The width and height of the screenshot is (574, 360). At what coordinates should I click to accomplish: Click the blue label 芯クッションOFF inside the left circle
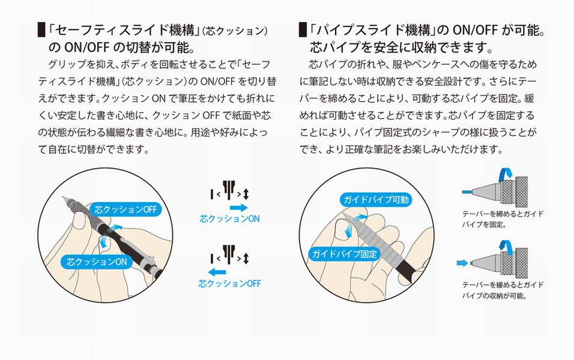(x=125, y=209)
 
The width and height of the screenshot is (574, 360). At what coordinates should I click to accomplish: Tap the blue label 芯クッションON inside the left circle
(x=97, y=262)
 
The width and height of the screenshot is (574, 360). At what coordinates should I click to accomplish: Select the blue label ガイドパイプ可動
(x=376, y=199)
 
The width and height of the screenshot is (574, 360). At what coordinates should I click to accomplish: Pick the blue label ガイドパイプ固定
(x=345, y=254)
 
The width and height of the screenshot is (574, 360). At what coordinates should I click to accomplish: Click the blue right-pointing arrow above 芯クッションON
(x=239, y=208)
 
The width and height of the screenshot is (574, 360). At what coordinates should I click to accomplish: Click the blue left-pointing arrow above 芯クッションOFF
(x=217, y=272)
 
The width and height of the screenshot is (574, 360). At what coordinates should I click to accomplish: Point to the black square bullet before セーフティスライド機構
(x=41, y=30)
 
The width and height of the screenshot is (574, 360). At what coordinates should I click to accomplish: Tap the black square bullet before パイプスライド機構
(x=303, y=30)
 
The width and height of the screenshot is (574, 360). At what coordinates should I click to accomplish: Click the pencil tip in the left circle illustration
(x=63, y=197)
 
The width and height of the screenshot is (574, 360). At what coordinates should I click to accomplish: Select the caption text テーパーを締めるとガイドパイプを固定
(x=503, y=219)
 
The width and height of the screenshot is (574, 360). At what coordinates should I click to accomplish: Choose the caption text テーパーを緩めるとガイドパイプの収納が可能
(x=503, y=290)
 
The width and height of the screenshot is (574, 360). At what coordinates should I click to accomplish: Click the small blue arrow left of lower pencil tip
(x=462, y=263)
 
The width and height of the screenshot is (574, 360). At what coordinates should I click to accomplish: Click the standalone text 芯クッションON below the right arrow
(x=229, y=219)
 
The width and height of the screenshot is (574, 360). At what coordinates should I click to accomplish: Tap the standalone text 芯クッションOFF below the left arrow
(x=229, y=284)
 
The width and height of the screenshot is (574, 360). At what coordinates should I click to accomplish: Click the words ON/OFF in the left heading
(x=85, y=47)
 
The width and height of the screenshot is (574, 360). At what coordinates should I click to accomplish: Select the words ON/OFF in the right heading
(x=475, y=30)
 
